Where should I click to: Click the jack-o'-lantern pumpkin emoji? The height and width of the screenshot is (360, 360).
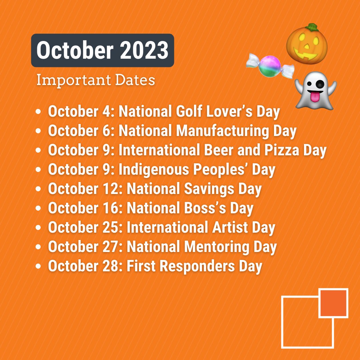tap(307, 45)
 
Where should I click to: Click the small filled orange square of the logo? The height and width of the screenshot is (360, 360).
tap(333, 303)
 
